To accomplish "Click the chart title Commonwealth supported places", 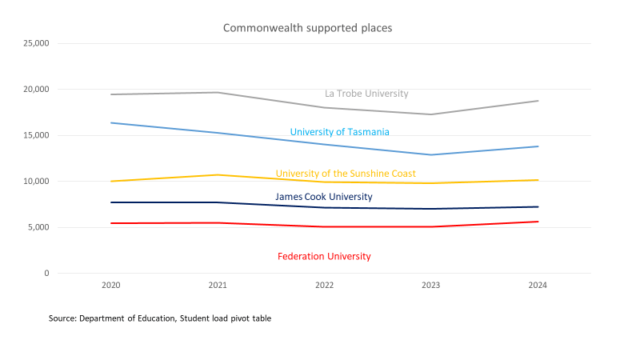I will (x=307, y=28).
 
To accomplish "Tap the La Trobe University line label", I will (x=366, y=94).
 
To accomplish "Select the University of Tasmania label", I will (x=339, y=132).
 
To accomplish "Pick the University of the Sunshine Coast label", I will (x=346, y=174).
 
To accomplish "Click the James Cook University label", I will (x=324, y=197).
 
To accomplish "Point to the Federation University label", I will (x=324, y=257).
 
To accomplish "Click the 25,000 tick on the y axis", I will (x=35, y=43).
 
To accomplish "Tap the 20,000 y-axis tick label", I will (x=35, y=90).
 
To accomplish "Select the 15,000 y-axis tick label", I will (x=35, y=135).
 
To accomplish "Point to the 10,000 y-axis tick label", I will (x=35, y=182).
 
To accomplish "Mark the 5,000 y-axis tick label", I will (x=38, y=227).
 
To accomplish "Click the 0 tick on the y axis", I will (x=46, y=274).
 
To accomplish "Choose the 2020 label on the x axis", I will (x=111, y=286).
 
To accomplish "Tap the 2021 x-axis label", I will (x=218, y=286).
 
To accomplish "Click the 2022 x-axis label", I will (x=325, y=286).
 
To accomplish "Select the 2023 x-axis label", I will (x=431, y=286).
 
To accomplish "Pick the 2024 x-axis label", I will (x=538, y=286).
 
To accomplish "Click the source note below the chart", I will (x=160, y=318).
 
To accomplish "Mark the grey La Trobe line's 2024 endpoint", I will (x=538, y=101).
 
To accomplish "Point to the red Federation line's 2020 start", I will (x=111, y=223).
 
